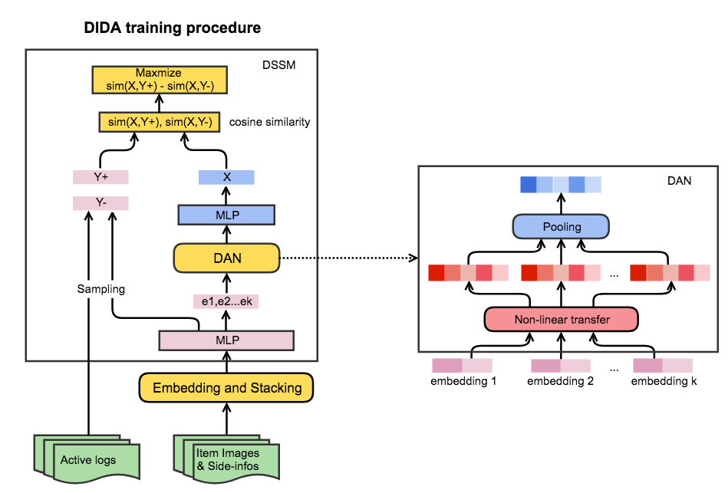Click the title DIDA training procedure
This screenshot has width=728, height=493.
click(x=173, y=28)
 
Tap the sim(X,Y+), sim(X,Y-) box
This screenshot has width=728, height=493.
click(x=160, y=122)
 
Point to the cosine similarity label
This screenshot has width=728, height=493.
click(x=269, y=122)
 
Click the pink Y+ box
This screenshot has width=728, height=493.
click(x=100, y=177)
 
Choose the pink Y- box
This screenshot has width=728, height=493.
click(x=100, y=203)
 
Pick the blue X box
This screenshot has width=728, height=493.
click(x=226, y=177)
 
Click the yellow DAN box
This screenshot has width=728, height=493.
click(x=226, y=258)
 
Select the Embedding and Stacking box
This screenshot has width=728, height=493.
click(x=227, y=388)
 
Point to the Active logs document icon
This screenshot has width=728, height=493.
click(x=88, y=458)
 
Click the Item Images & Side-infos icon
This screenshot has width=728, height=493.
click(x=227, y=458)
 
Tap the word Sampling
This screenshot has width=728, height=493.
click(x=100, y=289)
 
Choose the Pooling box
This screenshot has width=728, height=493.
click(x=562, y=227)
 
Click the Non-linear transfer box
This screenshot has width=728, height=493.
click(x=562, y=319)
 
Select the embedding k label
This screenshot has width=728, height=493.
click(x=662, y=381)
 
